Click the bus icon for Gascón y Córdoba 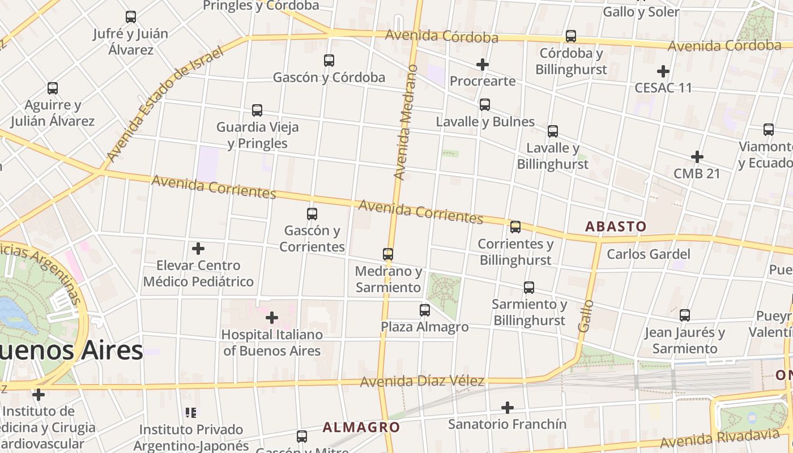(x=329, y=60)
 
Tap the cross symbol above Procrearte (x=483, y=65)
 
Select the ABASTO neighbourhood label (x=616, y=226)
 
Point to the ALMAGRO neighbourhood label (x=361, y=427)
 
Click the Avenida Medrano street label (x=406, y=122)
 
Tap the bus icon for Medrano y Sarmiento (x=388, y=254)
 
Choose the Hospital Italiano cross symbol (x=272, y=318)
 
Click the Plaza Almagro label (x=425, y=327)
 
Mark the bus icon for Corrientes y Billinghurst (x=515, y=227)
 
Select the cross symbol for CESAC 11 (x=663, y=71)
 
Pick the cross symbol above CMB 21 (x=697, y=157)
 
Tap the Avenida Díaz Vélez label (x=422, y=381)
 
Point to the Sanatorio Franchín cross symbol (x=508, y=407)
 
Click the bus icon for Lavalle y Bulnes (x=485, y=105)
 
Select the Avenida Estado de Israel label (x=164, y=104)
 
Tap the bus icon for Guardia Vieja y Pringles (x=257, y=110)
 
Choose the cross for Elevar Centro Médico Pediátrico (x=198, y=249)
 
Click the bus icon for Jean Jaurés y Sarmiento (x=685, y=315)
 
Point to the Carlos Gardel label (x=649, y=254)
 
